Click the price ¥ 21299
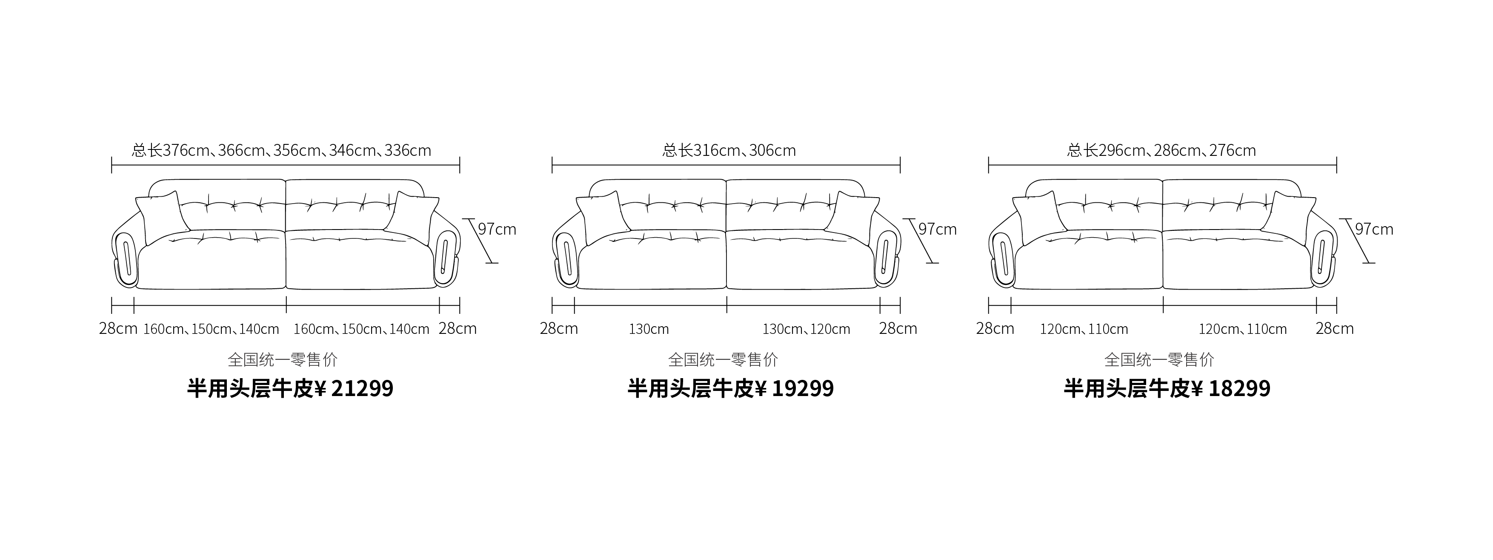click(354, 388)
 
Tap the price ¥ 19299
click(794, 388)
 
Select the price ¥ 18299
click(1230, 388)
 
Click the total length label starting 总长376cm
click(282, 151)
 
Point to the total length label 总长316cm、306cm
click(729, 151)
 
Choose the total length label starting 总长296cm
click(1161, 151)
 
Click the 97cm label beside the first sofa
click(497, 230)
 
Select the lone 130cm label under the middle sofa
click(649, 329)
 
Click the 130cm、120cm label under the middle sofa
click(806, 329)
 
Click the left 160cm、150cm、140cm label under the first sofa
click(211, 329)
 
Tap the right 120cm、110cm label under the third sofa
click(1243, 329)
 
